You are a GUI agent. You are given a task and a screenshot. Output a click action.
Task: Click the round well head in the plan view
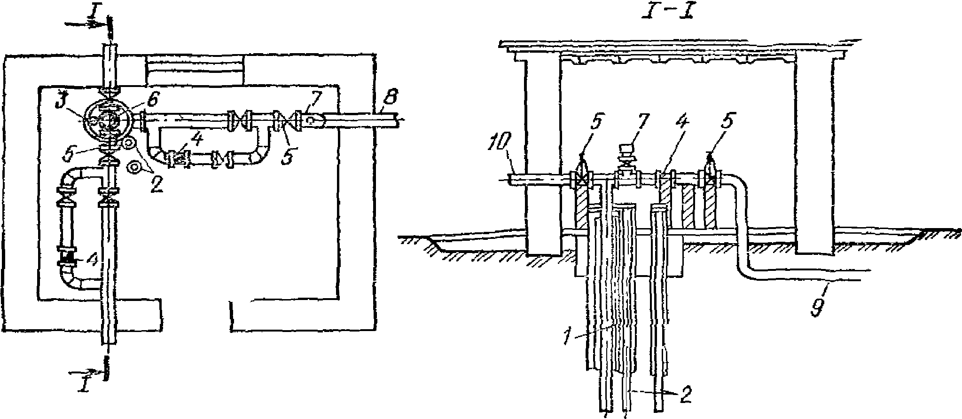click(108, 116)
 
